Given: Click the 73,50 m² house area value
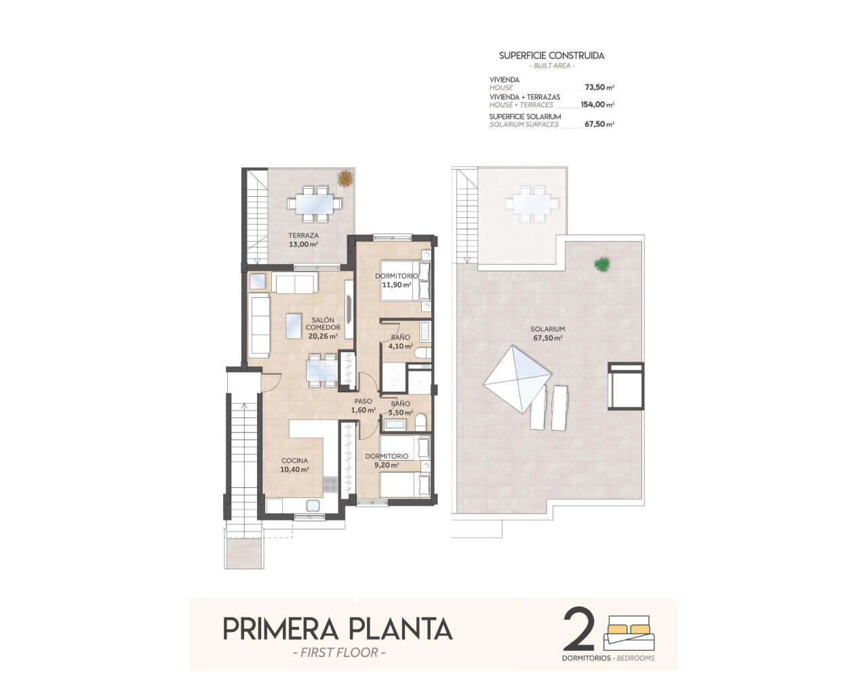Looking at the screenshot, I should [599, 88].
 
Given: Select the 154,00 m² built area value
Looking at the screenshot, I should [597, 105].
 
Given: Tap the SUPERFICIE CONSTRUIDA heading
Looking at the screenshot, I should [551, 56].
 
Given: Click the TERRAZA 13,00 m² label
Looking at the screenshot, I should [303, 240].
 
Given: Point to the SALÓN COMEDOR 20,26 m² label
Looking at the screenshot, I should [323, 328].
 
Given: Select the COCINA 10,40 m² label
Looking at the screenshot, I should [295, 465].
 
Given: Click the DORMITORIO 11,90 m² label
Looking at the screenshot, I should [397, 280].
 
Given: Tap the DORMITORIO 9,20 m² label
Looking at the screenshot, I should [387, 461].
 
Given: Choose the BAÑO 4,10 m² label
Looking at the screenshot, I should [400, 341].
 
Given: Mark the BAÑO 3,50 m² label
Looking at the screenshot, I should [400, 408].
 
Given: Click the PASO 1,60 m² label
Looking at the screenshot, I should [363, 406].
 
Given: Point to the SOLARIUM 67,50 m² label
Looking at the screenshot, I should [548, 333].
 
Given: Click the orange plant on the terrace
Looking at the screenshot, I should [345, 178].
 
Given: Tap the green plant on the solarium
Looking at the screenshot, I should [601, 264].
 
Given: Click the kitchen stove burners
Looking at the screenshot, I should [330, 484].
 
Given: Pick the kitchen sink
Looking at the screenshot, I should [314, 506].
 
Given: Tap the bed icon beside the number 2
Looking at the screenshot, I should [630, 633].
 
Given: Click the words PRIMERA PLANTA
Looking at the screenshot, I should [337, 628].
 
